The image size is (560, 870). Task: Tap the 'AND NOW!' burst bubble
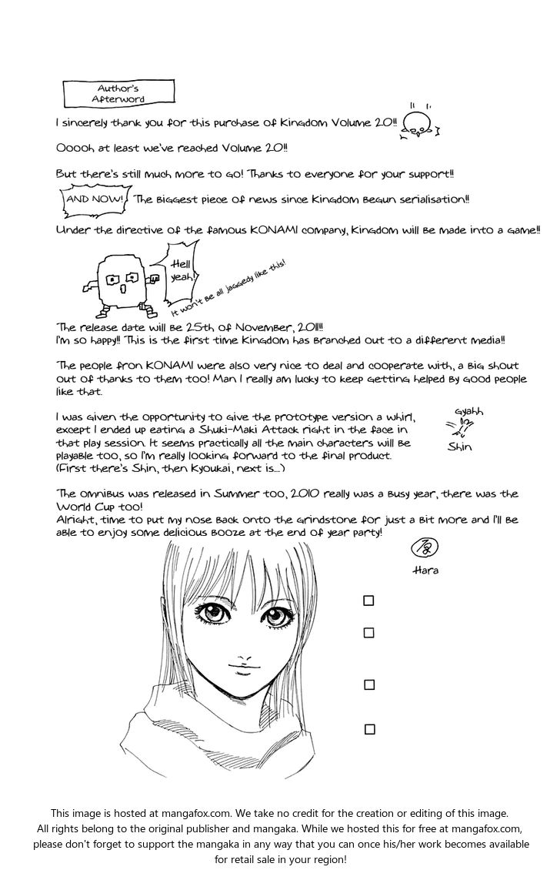pos(94,199)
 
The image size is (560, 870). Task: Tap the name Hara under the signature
pos(425,571)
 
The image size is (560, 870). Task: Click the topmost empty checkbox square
pos(369,601)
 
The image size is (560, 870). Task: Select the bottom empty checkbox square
pos(369,729)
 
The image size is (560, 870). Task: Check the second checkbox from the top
pos(369,633)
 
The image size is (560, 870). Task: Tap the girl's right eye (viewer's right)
pos(276,617)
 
